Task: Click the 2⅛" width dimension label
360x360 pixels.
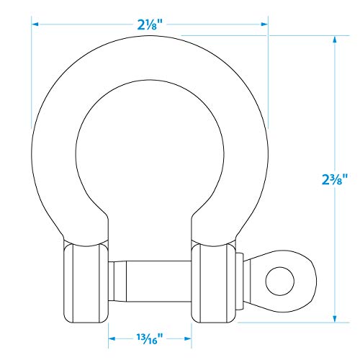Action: coord(150,24)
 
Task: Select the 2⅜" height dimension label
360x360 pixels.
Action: coord(335,179)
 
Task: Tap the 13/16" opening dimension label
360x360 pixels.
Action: coord(150,338)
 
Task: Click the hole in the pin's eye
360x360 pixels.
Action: coord(280,281)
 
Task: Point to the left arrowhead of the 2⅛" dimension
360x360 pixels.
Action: coord(35,24)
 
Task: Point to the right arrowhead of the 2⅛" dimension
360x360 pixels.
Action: coord(264,24)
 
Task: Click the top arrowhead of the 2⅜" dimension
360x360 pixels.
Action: coord(335,40)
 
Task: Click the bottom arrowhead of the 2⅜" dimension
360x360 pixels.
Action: coord(335,318)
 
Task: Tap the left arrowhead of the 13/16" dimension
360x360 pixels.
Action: coord(112,338)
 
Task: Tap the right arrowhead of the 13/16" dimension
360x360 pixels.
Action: coord(188,338)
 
